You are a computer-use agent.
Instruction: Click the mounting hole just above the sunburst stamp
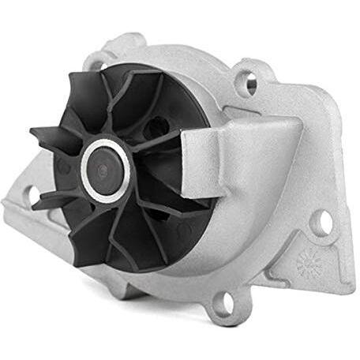[x=321, y=223]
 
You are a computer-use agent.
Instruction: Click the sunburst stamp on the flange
[x=307, y=265]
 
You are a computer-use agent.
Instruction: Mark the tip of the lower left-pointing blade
[x=36, y=204]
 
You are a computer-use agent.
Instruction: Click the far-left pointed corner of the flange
[x=6, y=207]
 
